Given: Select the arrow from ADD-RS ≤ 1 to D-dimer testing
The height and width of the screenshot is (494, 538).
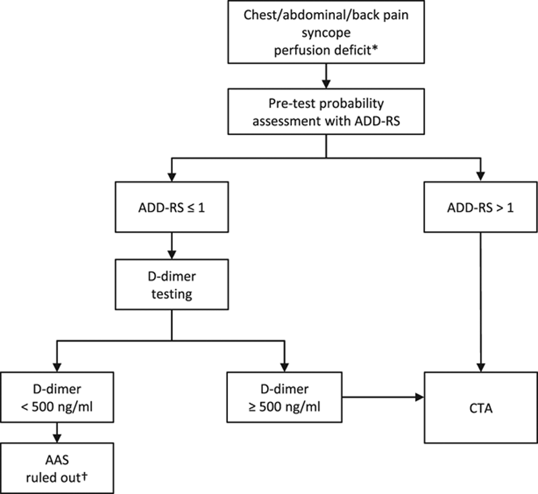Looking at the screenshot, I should pyautogui.click(x=173, y=249).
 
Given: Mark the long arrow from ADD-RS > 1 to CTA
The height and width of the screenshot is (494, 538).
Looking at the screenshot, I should pyautogui.click(x=480, y=302).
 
